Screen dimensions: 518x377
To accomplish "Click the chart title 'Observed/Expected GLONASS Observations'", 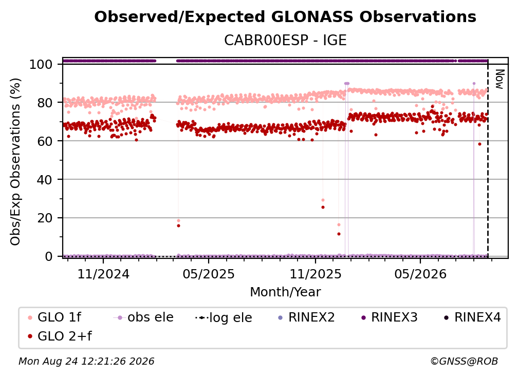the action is (x=285, y=17).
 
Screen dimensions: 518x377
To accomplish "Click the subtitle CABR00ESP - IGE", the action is (x=285, y=40).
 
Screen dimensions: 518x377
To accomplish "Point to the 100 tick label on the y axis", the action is (x=41, y=64).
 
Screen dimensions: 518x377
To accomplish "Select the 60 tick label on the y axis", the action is (x=45, y=141).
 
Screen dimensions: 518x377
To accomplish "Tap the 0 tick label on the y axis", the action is (x=49, y=256).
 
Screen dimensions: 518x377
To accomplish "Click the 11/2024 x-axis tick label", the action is (x=103, y=274).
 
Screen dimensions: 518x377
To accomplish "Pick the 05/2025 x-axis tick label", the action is (x=209, y=274).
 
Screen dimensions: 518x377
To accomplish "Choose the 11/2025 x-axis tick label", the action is (x=316, y=274).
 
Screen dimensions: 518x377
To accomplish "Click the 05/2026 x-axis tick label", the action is (x=420, y=274).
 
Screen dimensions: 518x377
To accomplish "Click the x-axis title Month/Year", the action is (x=285, y=292).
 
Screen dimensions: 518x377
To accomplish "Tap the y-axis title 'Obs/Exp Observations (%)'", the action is (x=15, y=161).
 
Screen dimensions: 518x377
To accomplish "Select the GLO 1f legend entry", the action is (x=54, y=317).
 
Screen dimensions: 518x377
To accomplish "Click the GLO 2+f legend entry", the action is (x=60, y=336).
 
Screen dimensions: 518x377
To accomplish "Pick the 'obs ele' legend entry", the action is (x=143, y=317).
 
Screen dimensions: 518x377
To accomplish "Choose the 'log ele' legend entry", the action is (x=224, y=317).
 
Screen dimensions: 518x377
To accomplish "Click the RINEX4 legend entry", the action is (x=472, y=317).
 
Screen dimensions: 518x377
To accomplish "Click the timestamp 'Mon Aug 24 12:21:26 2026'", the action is (x=86, y=361).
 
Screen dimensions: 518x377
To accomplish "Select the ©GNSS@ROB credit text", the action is (x=464, y=361).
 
